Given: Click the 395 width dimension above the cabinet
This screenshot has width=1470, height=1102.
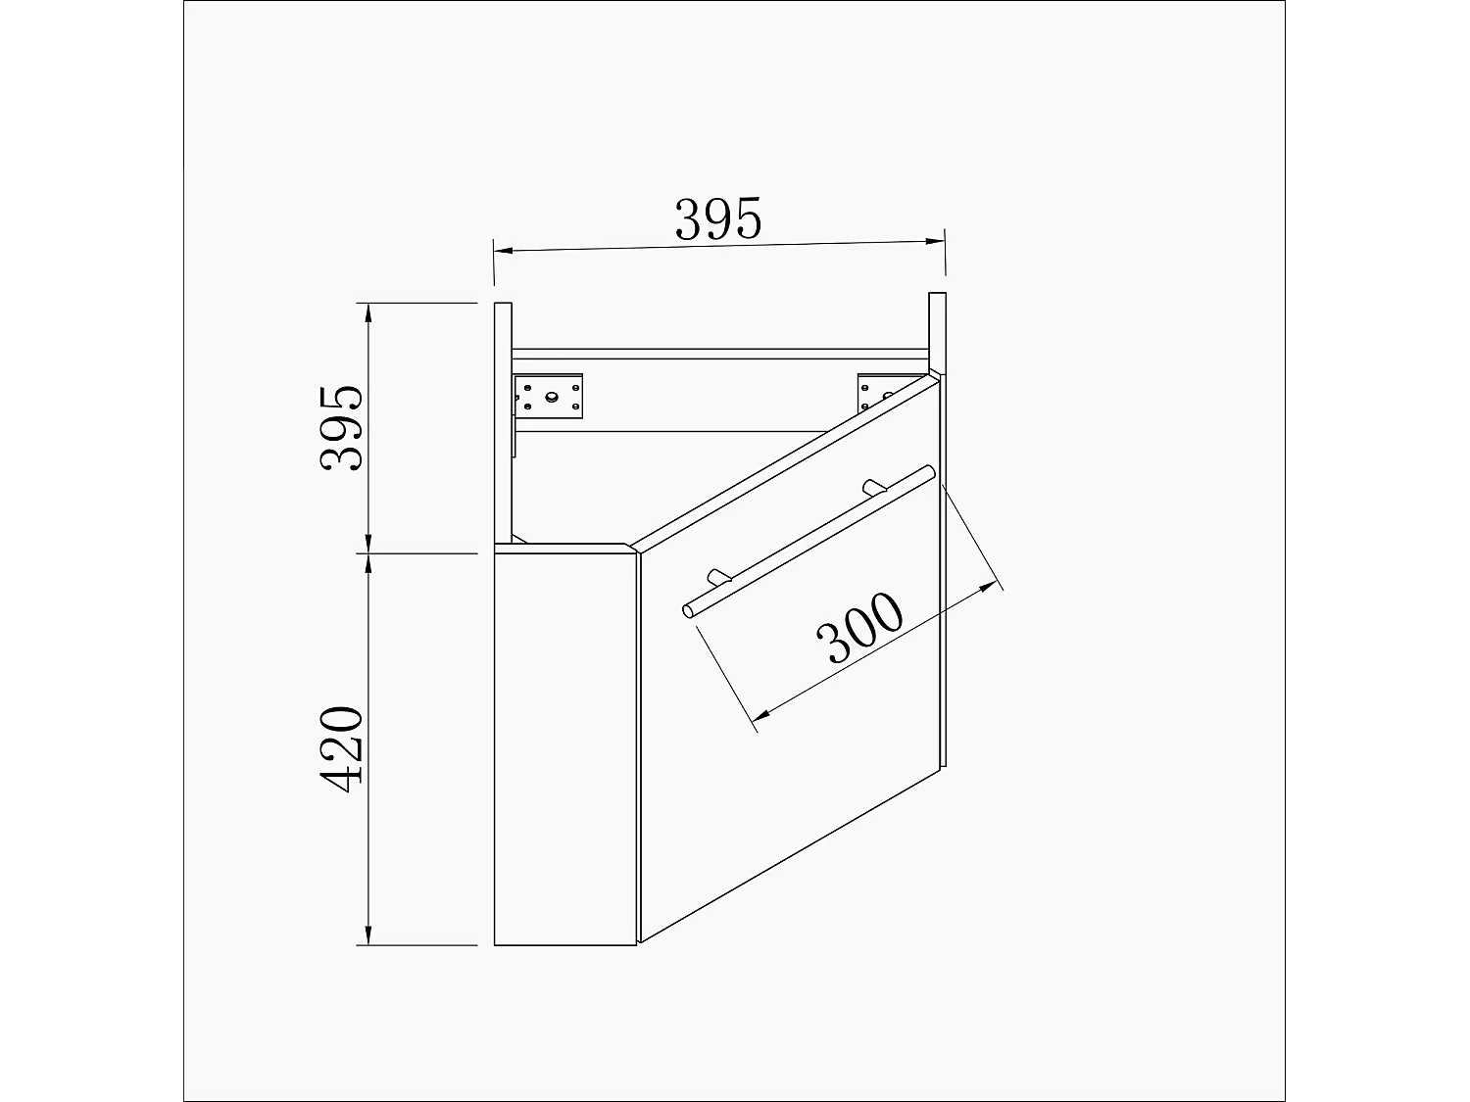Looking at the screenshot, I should click(717, 219).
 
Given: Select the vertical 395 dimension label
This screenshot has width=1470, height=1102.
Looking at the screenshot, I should click(342, 428).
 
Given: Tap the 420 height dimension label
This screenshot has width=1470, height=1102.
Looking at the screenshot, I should click(342, 749).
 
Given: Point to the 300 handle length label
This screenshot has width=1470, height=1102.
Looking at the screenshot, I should click(859, 628).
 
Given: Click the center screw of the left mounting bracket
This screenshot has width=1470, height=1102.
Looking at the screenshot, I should click(552, 397).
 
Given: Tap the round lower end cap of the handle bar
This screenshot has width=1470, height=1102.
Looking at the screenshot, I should click(689, 611).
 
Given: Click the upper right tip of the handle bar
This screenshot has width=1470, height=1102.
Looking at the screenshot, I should click(929, 473).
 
